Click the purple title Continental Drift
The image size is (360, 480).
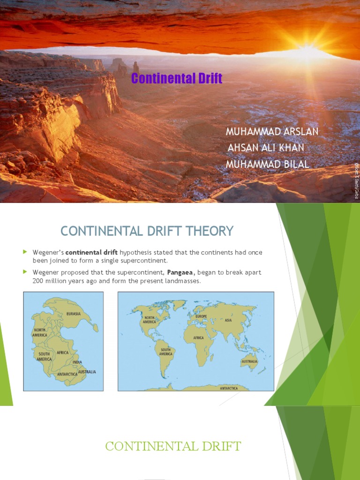(x=177, y=78)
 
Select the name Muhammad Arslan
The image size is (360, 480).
(x=272, y=131)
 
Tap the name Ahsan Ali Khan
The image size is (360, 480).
(x=266, y=148)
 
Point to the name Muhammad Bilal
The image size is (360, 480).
(x=267, y=164)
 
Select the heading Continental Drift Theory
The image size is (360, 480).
(x=147, y=231)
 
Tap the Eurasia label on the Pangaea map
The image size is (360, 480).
(x=74, y=314)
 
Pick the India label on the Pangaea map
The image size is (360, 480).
(x=77, y=362)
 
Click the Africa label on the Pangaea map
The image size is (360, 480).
(x=62, y=352)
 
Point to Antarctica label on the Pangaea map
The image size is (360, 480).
(x=67, y=374)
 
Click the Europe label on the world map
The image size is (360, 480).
(x=201, y=316)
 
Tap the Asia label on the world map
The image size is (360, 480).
(x=229, y=320)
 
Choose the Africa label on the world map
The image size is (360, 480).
(x=198, y=337)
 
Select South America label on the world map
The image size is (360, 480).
(x=166, y=352)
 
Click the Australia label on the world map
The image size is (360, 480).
(x=249, y=362)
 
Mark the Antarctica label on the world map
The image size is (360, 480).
(x=229, y=388)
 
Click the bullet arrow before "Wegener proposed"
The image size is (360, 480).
(x=26, y=272)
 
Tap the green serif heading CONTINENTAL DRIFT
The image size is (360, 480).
(x=173, y=446)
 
